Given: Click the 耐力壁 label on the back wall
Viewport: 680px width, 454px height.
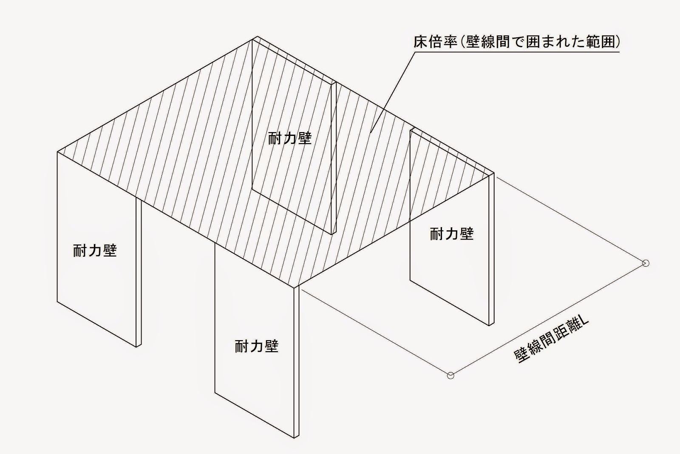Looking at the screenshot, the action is pyautogui.click(x=290, y=138).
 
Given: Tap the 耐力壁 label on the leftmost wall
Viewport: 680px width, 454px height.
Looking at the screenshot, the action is pyautogui.click(x=95, y=251).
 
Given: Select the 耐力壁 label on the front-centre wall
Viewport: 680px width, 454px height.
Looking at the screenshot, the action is pyautogui.click(x=256, y=346).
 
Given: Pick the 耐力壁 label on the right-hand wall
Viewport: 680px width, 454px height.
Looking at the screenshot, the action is pyautogui.click(x=451, y=234).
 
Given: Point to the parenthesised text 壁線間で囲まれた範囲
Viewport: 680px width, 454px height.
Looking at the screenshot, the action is pyautogui.click(x=540, y=42).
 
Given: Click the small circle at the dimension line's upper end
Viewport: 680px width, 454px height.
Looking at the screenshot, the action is pyautogui.click(x=646, y=263).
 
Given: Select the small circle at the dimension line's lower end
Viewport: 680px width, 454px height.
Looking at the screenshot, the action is pyautogui.click(x=450, y=375).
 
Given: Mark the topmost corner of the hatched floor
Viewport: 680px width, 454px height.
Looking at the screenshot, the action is pyautogui.click(x=258, y=37).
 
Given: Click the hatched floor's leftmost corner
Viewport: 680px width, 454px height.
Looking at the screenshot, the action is pyautogui.click(x=57, y=152).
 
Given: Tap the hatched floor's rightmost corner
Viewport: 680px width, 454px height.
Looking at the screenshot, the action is pyautogui.click(x=494, y=172).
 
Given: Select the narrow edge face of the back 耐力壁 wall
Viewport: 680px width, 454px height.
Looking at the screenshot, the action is pyautogui.click(x=334, y=157).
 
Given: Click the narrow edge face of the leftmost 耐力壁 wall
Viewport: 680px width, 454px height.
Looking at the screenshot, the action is pyautogui.click(x=139, y=272).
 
